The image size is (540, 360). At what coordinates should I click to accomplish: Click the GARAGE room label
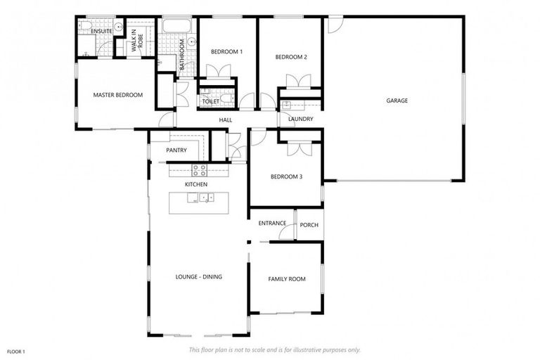point(397,101)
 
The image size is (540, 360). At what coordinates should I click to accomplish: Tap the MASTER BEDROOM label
point(118,95)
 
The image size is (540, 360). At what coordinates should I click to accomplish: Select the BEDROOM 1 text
point(226,52)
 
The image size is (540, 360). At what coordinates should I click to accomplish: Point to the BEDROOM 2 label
point(291,57)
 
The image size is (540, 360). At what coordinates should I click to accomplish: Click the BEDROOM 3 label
point(286,176)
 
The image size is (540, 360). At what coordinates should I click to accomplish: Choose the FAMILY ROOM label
point(287,279)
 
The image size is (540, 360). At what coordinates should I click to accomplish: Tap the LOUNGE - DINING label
point(198,277)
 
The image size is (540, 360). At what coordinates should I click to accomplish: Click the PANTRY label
point(176,150)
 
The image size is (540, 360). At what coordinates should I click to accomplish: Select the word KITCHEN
point(196,184)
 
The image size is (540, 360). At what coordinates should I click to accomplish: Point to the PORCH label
point(309,225)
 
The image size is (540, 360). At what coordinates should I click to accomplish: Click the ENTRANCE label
point(272,224)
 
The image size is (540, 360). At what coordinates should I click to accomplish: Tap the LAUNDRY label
point(300,119)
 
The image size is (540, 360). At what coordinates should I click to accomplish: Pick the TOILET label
point(211,101)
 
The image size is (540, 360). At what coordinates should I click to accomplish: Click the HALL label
point(226,120)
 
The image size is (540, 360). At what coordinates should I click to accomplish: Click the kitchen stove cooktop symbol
point(198,169)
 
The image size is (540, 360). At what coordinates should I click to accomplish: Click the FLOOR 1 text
point(16,351)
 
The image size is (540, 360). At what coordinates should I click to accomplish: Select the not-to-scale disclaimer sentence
point(274,349)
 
